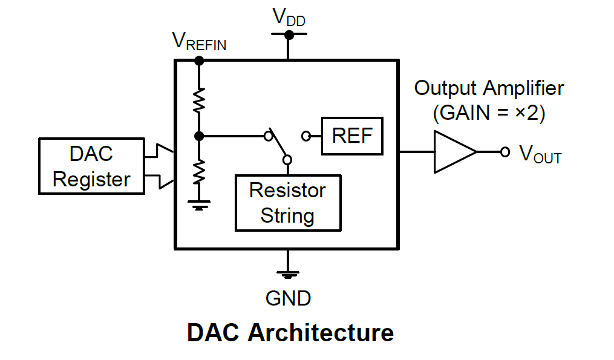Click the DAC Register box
91,166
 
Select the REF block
353,136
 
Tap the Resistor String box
288,203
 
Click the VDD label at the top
289,17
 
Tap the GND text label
288,298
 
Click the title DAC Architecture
290,333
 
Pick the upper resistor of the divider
199,100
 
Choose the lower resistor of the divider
199,172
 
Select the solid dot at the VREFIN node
199,61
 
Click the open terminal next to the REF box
307,136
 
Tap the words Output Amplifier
489,88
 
